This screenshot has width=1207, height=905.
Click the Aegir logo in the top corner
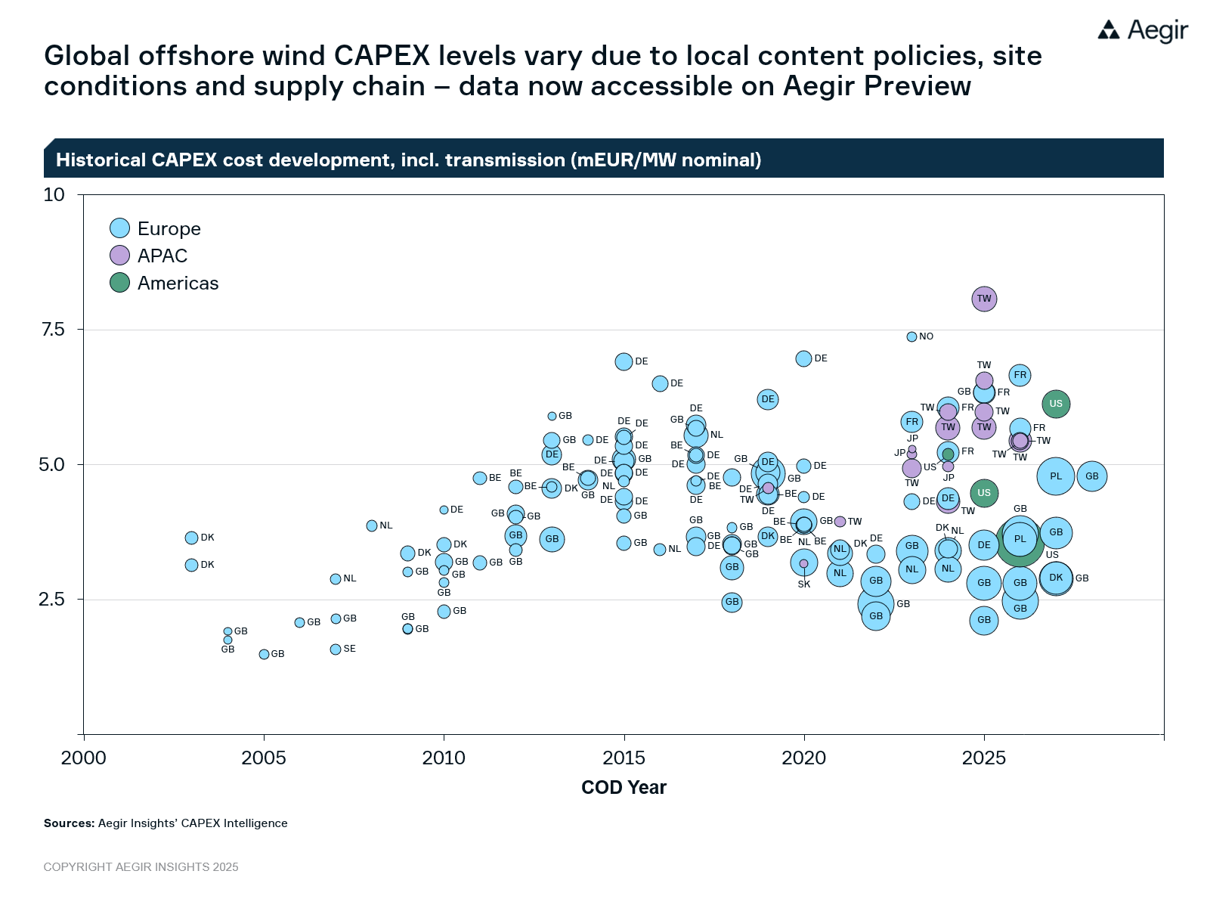coord(1142,30)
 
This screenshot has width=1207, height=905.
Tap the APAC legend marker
coord(120,256)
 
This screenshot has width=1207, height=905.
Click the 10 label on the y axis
coord(54,195)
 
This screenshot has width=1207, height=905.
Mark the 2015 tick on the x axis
coord(624,758)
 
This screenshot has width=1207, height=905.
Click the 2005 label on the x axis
coord(264,758)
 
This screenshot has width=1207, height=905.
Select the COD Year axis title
coord(624,788)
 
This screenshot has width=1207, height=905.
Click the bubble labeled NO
coord(911,336)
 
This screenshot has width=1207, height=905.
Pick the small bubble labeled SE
coord(336,649)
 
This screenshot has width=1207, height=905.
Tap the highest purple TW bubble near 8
coord(984,299)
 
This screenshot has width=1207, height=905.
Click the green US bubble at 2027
coord(1056,404)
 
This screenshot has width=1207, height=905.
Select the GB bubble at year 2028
coord(1092,476)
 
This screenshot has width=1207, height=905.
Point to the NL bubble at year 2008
coord(372,525)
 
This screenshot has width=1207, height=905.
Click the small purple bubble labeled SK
coord(803,563)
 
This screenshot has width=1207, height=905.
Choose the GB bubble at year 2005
coord(264,654)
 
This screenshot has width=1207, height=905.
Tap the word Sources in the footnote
coord(69,823)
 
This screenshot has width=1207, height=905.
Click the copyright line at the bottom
coord(141,867)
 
